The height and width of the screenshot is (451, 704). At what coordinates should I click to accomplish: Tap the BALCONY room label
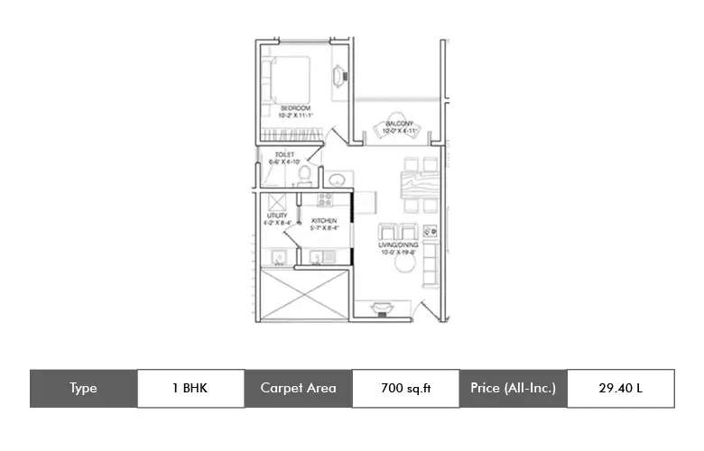[399, 124]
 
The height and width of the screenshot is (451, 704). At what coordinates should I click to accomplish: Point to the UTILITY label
[276, 215]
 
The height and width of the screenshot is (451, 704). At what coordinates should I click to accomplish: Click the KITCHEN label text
[324, 220]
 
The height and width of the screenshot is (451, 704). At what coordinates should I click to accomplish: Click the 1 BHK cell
[190, 389]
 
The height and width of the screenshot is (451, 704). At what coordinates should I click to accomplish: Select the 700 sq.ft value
[405, 389]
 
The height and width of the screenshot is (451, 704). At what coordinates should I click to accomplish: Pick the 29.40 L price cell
[620, 389]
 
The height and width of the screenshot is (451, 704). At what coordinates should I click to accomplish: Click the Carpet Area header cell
[298, 389]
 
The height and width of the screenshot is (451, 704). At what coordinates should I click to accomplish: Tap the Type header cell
[83, 389]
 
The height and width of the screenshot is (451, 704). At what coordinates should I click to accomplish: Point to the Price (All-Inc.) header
[513, 389]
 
